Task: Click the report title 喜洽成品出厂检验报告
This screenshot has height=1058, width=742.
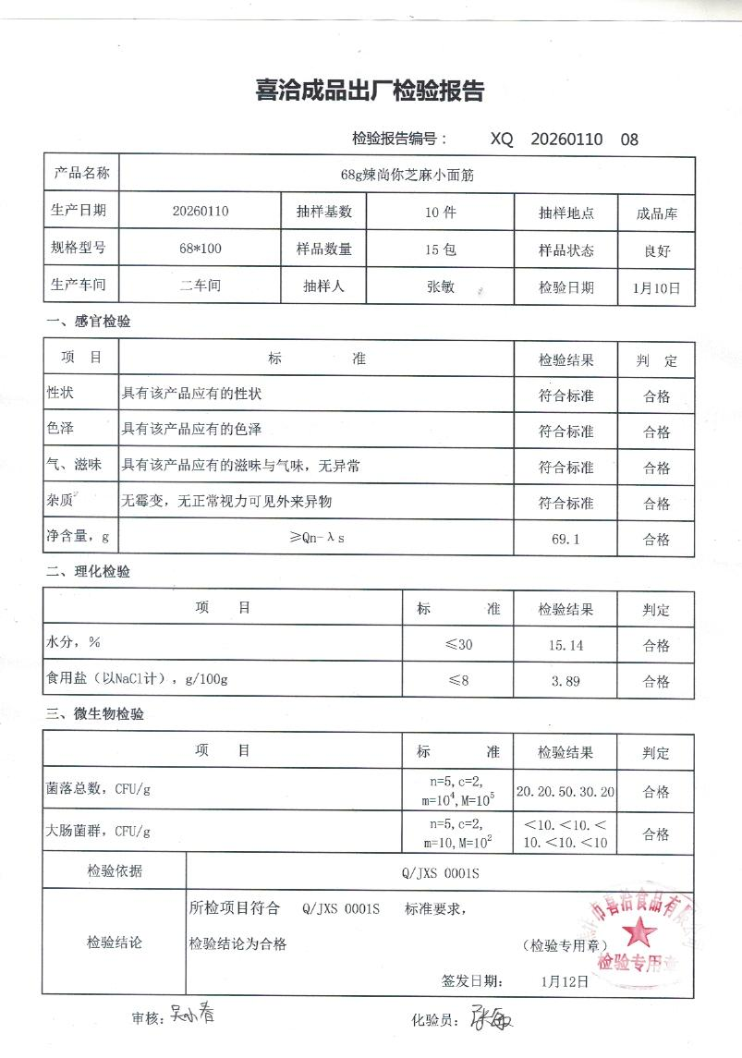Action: (x=370, y=91)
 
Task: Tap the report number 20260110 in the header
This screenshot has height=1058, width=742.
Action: (x=566, y=140)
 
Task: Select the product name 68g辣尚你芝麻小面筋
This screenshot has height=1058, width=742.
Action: (x=407, y=174)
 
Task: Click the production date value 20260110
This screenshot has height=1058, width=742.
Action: (x=201, y=211)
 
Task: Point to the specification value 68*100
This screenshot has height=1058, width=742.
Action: (x=201, y=249)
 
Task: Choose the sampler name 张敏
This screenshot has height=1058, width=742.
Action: (x=440, y=286)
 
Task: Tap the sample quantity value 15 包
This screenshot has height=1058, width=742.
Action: (x=440, y=249)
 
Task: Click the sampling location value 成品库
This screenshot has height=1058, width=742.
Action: (x=657, y=213)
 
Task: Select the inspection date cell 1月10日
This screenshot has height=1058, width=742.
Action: (x=657, y=287)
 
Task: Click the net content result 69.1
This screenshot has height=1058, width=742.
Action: (x=565, y=539)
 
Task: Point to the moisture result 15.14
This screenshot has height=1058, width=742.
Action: (x=566, y=645)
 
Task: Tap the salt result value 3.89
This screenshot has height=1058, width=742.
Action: (x=566, y=681)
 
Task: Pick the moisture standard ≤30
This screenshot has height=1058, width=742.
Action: (x=458, y=645)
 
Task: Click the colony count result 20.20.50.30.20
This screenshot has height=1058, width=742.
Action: (x=566, y=792)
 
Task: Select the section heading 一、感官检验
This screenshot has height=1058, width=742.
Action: (x=88, y=322)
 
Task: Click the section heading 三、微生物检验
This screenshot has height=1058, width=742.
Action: (x=95, y=714)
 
